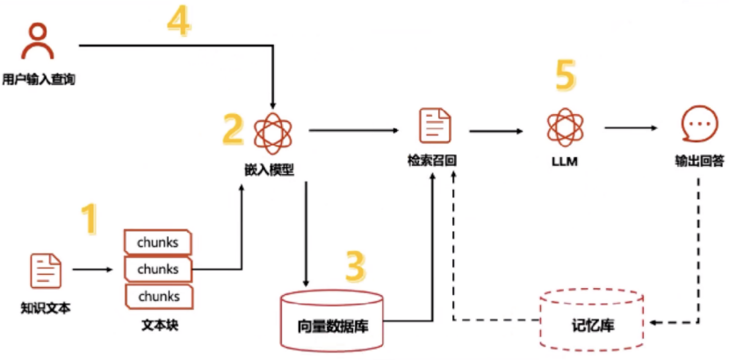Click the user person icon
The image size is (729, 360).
click(x=37, y=42)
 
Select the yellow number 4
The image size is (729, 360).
click(x=178, y=21)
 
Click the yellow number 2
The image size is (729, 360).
click(x=233, y=128)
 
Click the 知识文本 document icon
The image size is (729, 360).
click(x=46, y=270)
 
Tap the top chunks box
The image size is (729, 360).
click(x=158, y=241)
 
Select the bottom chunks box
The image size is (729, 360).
click(x=158, y=296)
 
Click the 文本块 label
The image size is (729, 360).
click(x=159, y=326)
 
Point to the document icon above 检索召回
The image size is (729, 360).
click(x=431, y=126)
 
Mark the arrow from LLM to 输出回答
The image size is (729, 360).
click(x=631, y=128)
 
